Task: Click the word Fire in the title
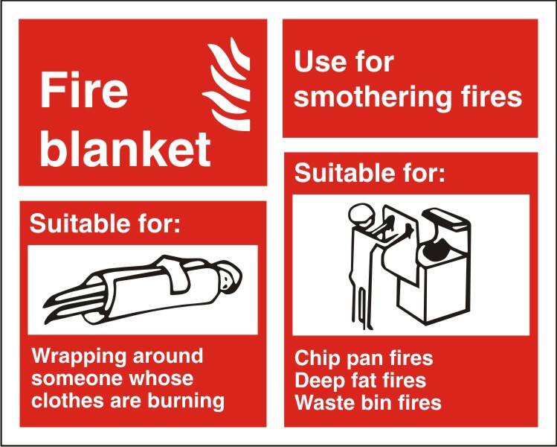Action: tap(83, 90)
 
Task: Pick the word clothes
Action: tap(63, 400)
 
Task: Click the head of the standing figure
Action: tap(361, 215)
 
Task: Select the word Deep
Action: tap(319, 381)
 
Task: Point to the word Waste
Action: tap(324, 403)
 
